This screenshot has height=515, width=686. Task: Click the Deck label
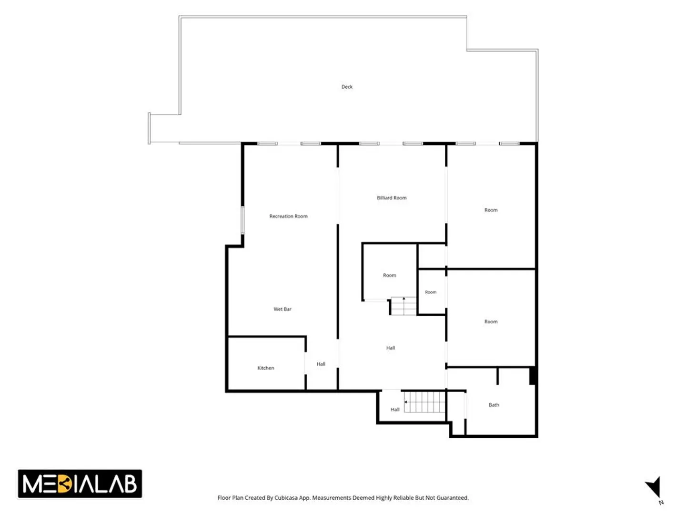click(x=347, y=87)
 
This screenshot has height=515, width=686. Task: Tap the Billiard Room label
click(x=392, y=197)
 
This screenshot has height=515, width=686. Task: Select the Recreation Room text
click(x=288, y=216)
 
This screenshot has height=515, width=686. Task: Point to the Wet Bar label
click(x=282, y=309)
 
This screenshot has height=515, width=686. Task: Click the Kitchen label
click(x=266, y=368)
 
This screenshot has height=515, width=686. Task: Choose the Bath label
click(x=494, y=405)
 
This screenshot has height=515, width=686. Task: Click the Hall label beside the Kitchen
click(x=321, y=364)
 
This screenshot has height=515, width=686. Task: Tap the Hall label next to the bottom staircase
click(x=395, y=409)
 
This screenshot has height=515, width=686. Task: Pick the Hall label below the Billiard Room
click(x=391, y=348)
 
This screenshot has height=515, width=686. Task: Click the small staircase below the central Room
click(x=404, y=306)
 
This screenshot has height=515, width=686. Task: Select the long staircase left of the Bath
click(x=424, y=402)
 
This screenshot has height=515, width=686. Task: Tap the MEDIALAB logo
click(x=80, y=484)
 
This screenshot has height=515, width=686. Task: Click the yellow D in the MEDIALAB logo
click(x=65, y=484)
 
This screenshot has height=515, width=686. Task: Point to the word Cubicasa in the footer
click(x=286, y=498)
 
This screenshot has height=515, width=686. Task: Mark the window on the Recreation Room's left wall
click(x=242, y=220)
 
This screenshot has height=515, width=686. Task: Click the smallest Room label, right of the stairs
click(x=431, y=292)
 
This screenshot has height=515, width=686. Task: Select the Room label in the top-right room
click(x=491, y=210)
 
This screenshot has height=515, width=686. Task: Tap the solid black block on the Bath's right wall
click(x=533, y=376)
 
